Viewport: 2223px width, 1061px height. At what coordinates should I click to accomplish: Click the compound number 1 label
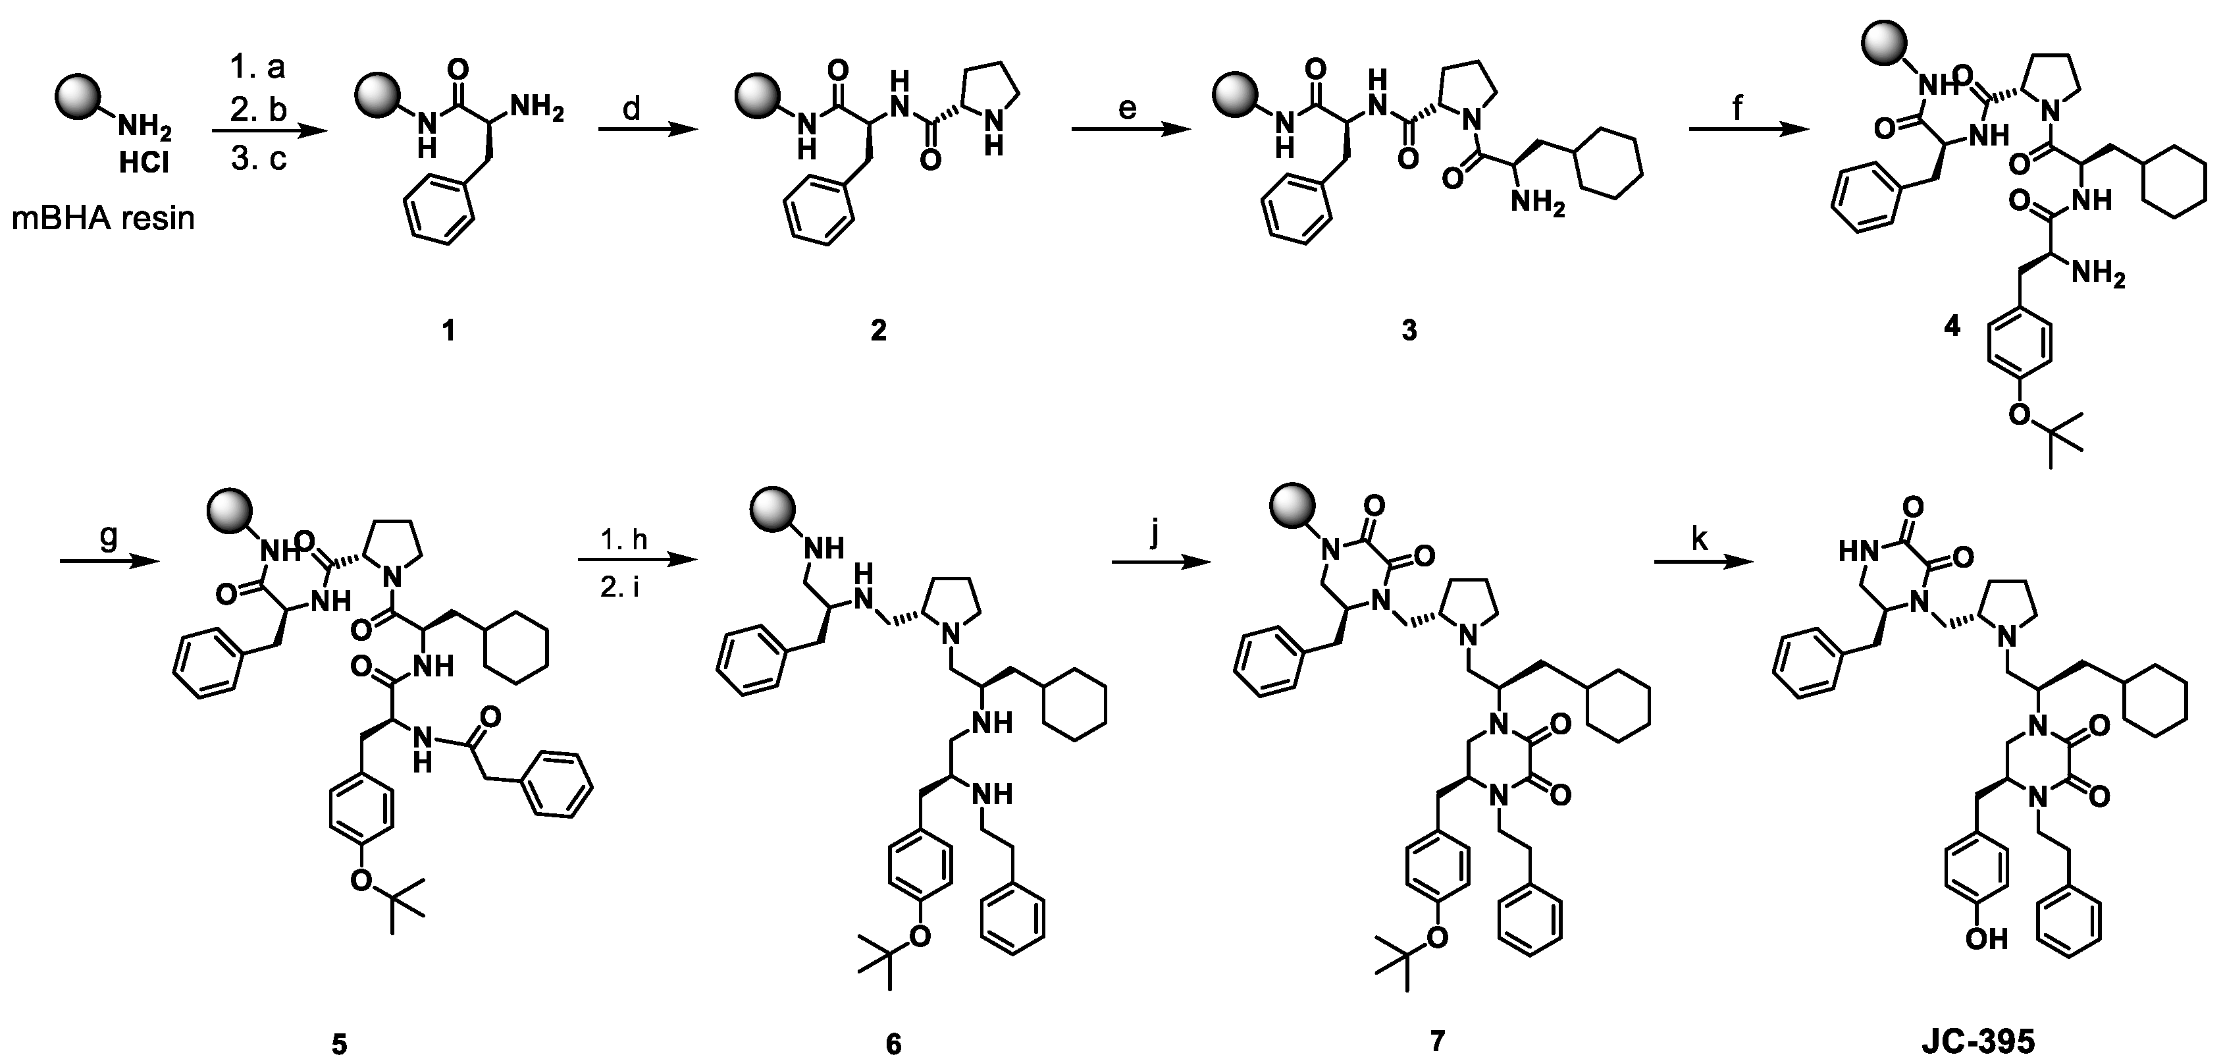(448, 331)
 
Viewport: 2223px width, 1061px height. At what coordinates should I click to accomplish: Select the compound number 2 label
(879, 331)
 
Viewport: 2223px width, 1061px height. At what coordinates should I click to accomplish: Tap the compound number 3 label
(1408, 331)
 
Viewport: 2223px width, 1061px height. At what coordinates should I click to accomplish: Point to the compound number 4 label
(1951, 326)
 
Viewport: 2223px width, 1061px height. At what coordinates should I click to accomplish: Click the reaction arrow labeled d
(647, 130)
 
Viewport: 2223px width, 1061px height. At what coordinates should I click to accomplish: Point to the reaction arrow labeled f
(1748, 130)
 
